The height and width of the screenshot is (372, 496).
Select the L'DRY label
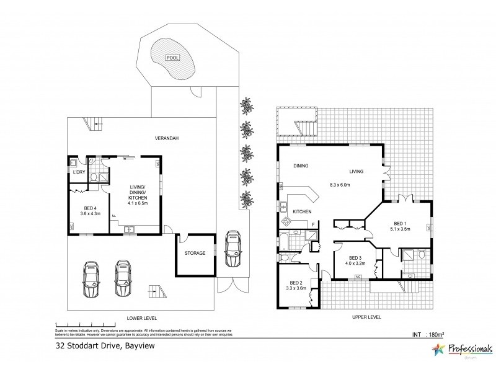[x=79, y=172]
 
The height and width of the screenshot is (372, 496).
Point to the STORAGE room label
[x=195, y=253]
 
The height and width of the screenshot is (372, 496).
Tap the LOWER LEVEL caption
[x=139, y=317]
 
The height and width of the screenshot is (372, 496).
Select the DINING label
[x=301, y=166]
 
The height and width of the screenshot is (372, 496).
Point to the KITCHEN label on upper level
[x=302, y=212]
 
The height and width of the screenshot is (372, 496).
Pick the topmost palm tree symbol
[x=247, y=104]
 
